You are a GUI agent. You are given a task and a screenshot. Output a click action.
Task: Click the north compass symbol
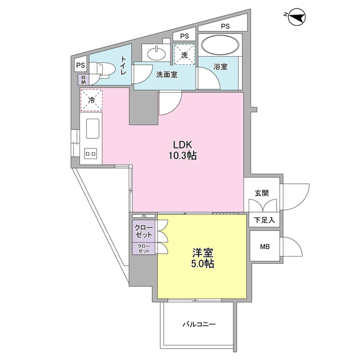[x=297, y=17]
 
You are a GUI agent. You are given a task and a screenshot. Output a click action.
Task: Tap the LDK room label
[x=182, y=145]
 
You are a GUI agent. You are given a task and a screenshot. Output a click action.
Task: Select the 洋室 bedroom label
[x=202, y=253]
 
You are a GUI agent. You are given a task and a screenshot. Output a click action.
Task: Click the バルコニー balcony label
[x=199, y=325]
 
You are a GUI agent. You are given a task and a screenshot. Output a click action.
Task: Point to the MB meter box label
[x=265, y=246]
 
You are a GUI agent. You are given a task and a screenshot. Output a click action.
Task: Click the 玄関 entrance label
[x=262, y=193]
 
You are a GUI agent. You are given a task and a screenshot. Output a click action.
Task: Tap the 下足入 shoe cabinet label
[x=264, y=220]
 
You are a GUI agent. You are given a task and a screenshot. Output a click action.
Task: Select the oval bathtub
[x=220, y=46]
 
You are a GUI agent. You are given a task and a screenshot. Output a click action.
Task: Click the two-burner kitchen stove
[x=91, y=153]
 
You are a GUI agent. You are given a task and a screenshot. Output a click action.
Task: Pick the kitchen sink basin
[x=92, y=129]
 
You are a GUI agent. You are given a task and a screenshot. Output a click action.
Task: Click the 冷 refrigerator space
[x=91, y=100]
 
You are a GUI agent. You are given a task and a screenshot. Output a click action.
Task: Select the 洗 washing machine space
[x=184, y=55]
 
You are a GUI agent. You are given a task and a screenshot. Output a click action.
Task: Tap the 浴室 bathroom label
[x=220, y=67]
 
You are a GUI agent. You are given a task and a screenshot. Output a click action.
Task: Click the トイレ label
[x=124, y=65]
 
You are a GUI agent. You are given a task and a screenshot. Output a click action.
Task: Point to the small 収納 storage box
[x=83, y=80]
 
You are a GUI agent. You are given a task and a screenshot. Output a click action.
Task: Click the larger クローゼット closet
[x=144, y=231]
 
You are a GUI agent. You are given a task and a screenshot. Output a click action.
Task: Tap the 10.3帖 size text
[x=183, y=156]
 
